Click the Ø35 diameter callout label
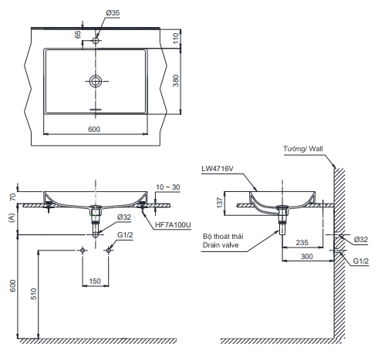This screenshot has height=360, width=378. (113, 12)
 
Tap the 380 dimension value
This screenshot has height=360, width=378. (176, 81)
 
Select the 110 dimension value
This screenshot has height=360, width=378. (176, 39)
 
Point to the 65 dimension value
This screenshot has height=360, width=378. (78, 35)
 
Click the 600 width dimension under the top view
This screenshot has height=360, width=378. (94, 130)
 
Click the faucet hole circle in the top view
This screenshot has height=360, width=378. (96, 40)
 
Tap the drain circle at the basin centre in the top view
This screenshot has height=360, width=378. (96, 81)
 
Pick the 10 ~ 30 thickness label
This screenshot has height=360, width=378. (168, 187)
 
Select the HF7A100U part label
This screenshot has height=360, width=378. (173, 225)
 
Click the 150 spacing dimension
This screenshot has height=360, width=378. (95, 281)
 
